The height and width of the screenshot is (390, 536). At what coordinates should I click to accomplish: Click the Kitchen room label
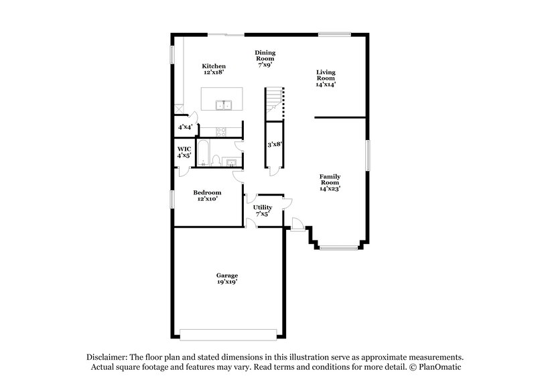(x=214, y=66)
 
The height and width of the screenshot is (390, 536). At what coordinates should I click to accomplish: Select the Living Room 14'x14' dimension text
(x=326, y=85)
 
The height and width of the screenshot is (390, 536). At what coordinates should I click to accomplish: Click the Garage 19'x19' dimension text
(x=226, y=282)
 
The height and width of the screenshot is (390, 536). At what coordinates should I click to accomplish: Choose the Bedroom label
(x=207, y=192)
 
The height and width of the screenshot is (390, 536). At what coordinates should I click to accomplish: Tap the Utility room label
(x=262, y=208)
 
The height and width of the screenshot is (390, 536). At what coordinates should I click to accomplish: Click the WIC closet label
(x=184, y=149)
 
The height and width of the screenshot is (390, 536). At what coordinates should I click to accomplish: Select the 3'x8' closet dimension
(x=275, y=144)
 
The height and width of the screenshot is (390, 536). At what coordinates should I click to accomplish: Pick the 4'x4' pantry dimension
(x=185, y=127)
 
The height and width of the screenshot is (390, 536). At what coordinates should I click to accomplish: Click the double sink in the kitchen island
(x=223, y=105)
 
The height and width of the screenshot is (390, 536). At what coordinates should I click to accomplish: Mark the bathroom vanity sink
(x=230, y=161)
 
